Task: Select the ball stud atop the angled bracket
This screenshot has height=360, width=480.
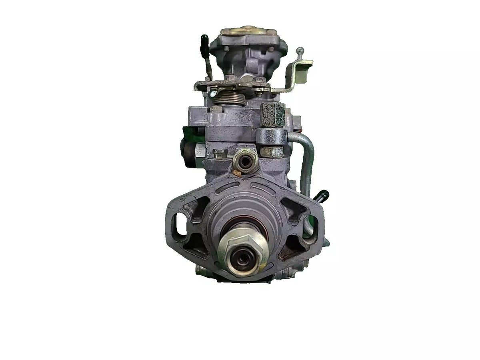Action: [300, 51]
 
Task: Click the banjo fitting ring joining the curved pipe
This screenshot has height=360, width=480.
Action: [271, 136]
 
